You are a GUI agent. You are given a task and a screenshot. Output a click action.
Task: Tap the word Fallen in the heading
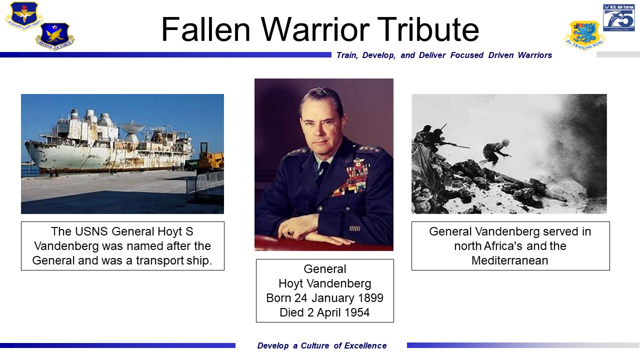[x=205, y=29]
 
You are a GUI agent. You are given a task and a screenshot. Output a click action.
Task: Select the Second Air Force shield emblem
[x=55, y=36]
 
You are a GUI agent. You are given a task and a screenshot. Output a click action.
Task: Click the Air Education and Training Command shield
[x=24, y=15]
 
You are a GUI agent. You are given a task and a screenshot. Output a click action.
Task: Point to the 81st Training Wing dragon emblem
[x=584, y=35]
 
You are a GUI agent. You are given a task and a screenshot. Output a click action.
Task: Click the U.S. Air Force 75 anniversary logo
[x=618, y=17]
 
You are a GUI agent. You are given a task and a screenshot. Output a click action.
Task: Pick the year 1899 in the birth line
[x=370, y=298]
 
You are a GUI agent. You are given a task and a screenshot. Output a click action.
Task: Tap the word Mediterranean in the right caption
[x=509, y=260]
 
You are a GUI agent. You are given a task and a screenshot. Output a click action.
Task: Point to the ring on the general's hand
[x=290, y=233]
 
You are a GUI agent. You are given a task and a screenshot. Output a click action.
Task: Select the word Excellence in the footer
[x=365, y=345]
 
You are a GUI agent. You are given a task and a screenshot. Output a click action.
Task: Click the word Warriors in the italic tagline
[x=535, y=55]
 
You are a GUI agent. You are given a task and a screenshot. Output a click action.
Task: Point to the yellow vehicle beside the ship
[x=210, y=159]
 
